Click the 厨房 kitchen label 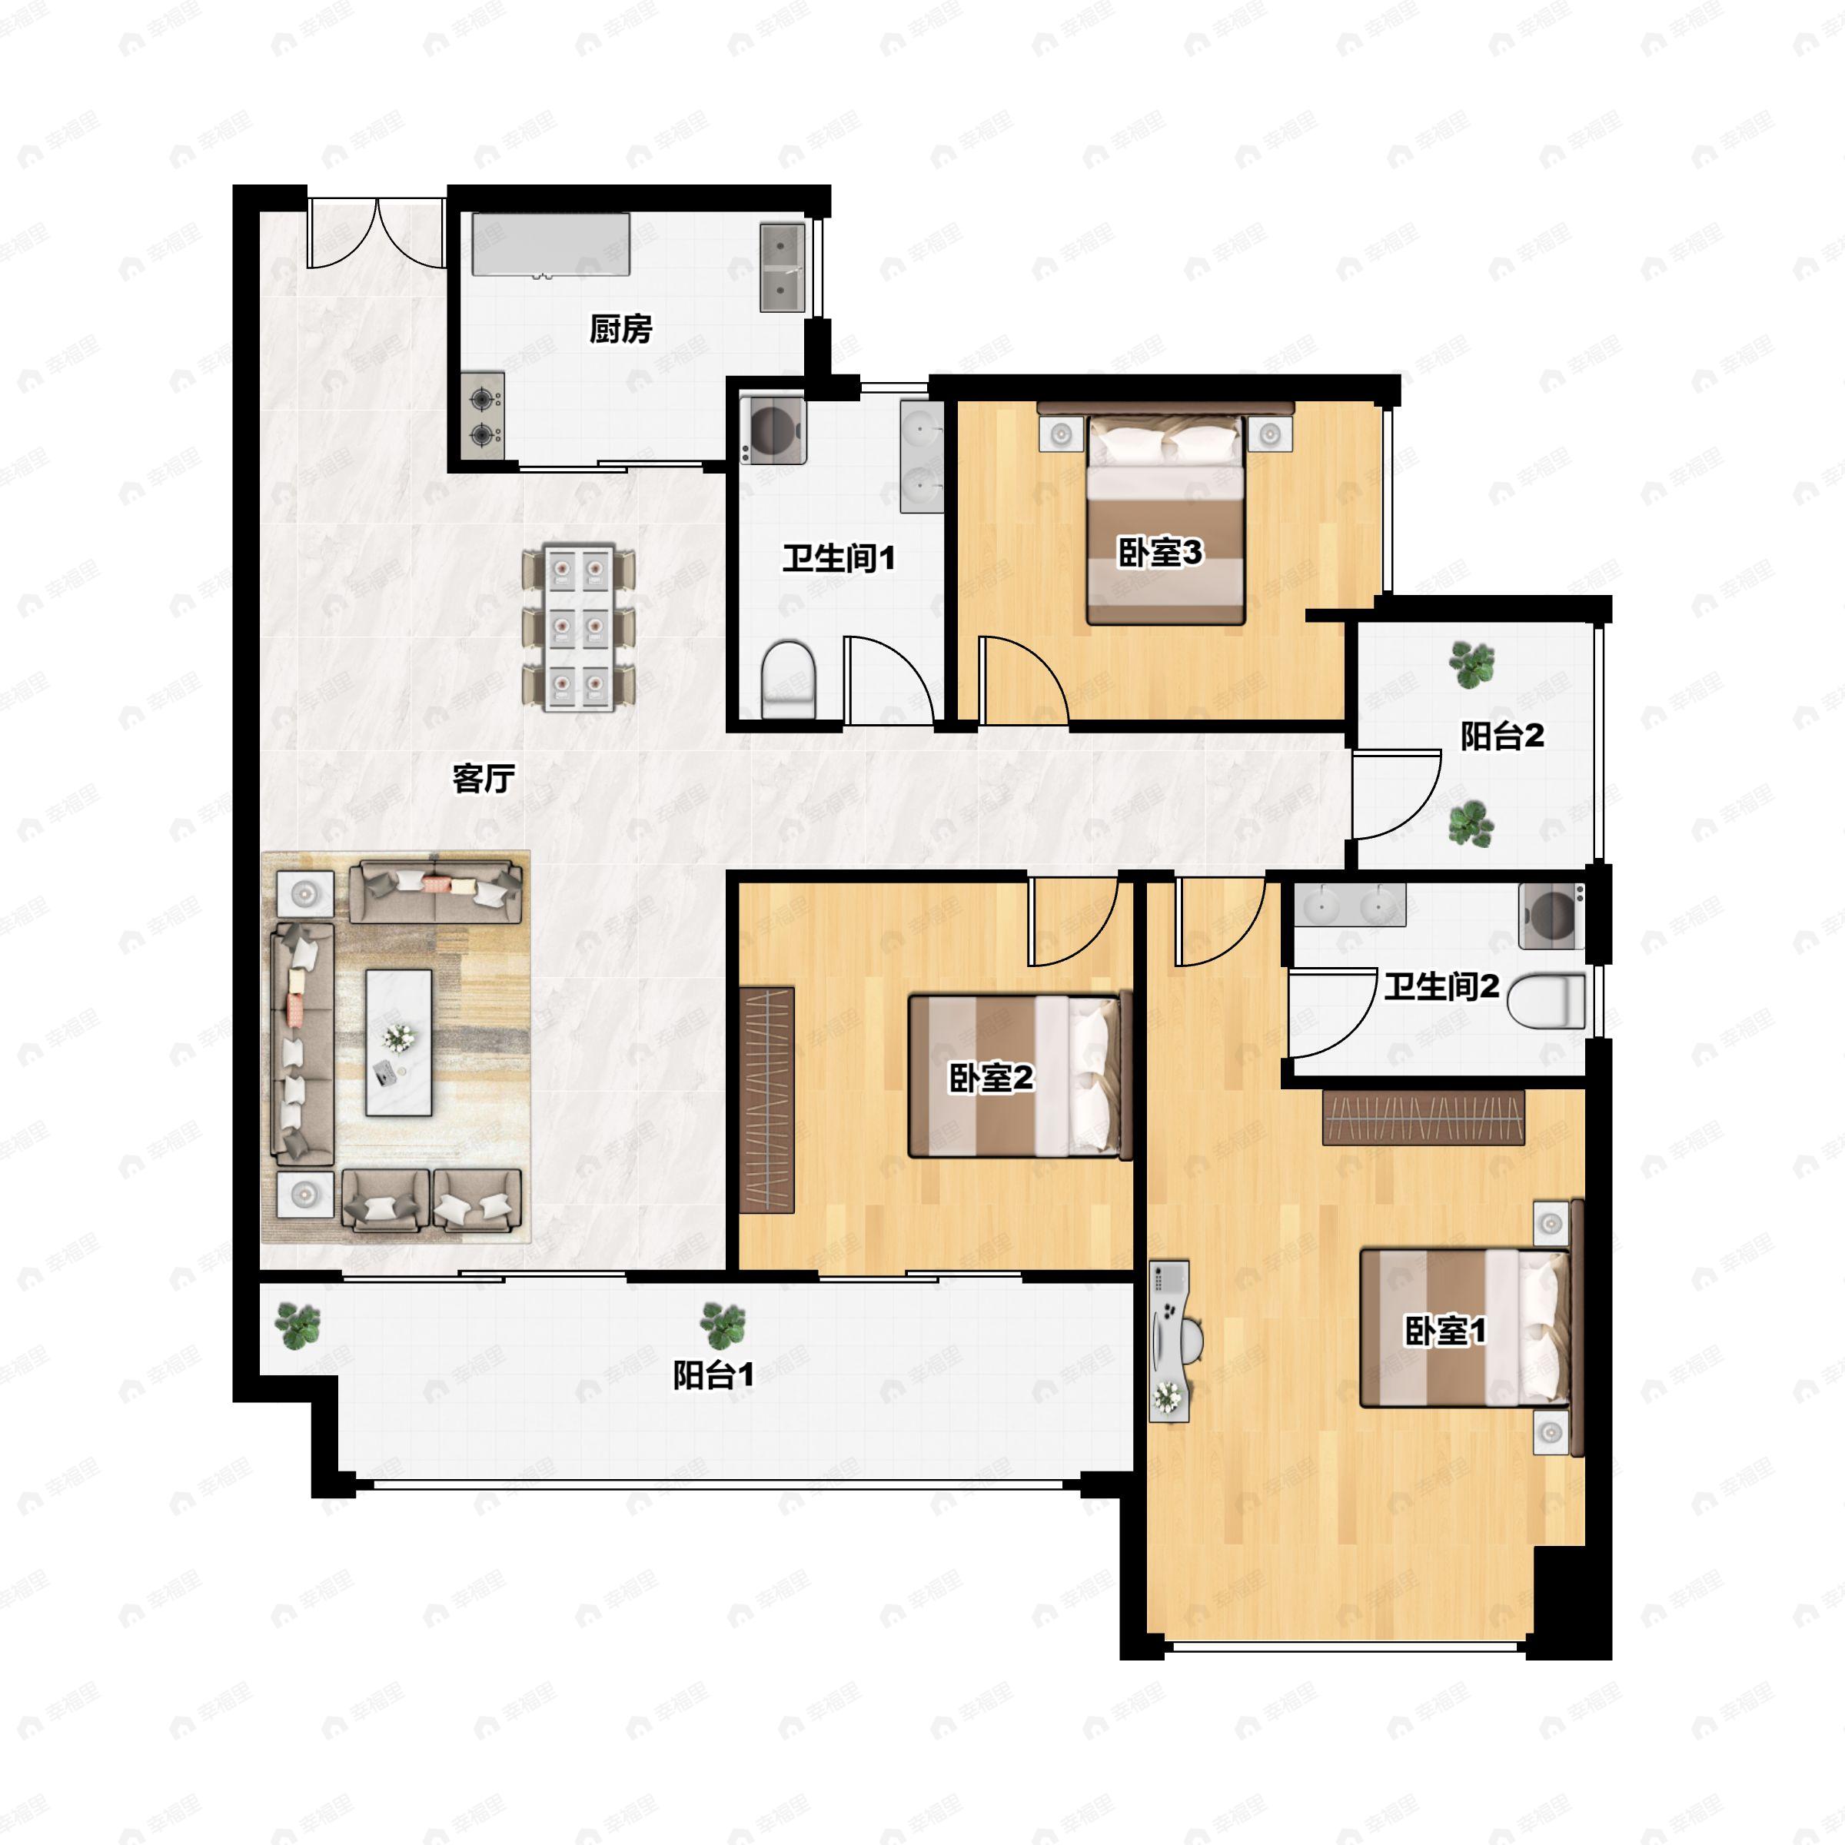pos(620,330)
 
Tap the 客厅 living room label pos(484,780)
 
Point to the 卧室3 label pos(1159,553)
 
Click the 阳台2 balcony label pos(1502,736)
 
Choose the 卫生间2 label pos(1441,986)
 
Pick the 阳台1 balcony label pos(713,1375)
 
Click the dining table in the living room pos(579,627)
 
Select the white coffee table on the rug pos(399,1043)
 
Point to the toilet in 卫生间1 pos(789,679)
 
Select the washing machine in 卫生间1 pos(773,430)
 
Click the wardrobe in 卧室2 pos(767,1100)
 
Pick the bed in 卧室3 pos(1166,520)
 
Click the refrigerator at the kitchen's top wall pos(551,245)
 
